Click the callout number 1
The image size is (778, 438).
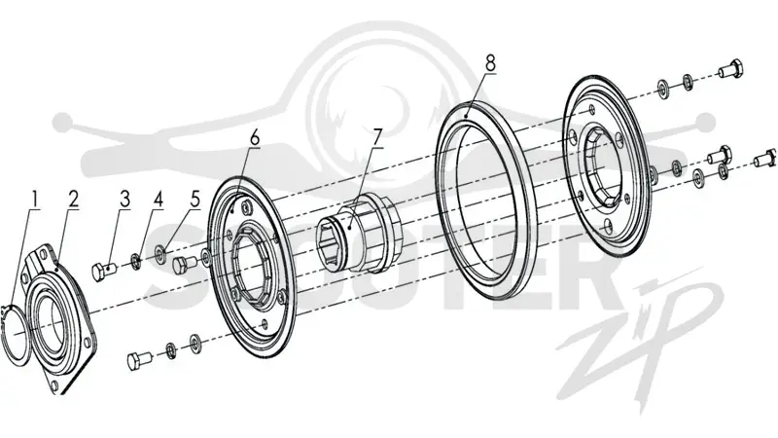34,200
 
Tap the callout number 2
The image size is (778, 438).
74,200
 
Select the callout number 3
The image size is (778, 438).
124,200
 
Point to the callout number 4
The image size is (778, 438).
158,200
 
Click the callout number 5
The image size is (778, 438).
194,200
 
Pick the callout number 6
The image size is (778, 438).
255,137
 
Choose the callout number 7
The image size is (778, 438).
378,137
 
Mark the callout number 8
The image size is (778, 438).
490,62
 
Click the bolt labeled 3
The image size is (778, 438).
104,272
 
